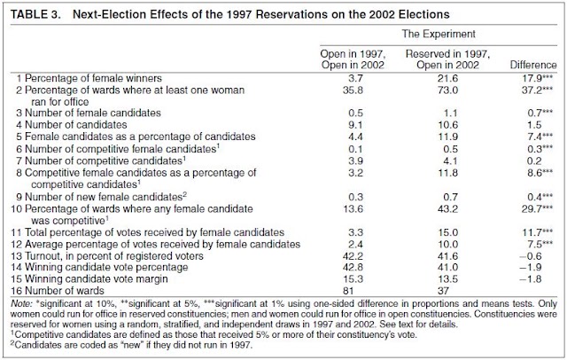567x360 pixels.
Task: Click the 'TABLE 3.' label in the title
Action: click(x=35, y=14)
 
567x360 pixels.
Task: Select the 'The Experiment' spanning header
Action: click(x=439, y=34)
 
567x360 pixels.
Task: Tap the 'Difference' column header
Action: click(x=533, y=65)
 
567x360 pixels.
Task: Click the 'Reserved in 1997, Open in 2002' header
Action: click(x=447, y=59)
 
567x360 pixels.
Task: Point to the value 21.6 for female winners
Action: click(x=447, y=78)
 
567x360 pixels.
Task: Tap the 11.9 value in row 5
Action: click(x=447, y=137)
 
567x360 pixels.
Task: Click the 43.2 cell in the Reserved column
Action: click(x=447, y=208)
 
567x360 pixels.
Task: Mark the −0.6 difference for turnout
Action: click(x=531, y=255)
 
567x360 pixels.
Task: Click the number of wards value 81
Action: click(x=347, y=291)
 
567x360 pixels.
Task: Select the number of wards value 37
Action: click(x=443, y=291)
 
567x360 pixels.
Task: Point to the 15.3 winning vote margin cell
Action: click(x=353, y=279)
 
